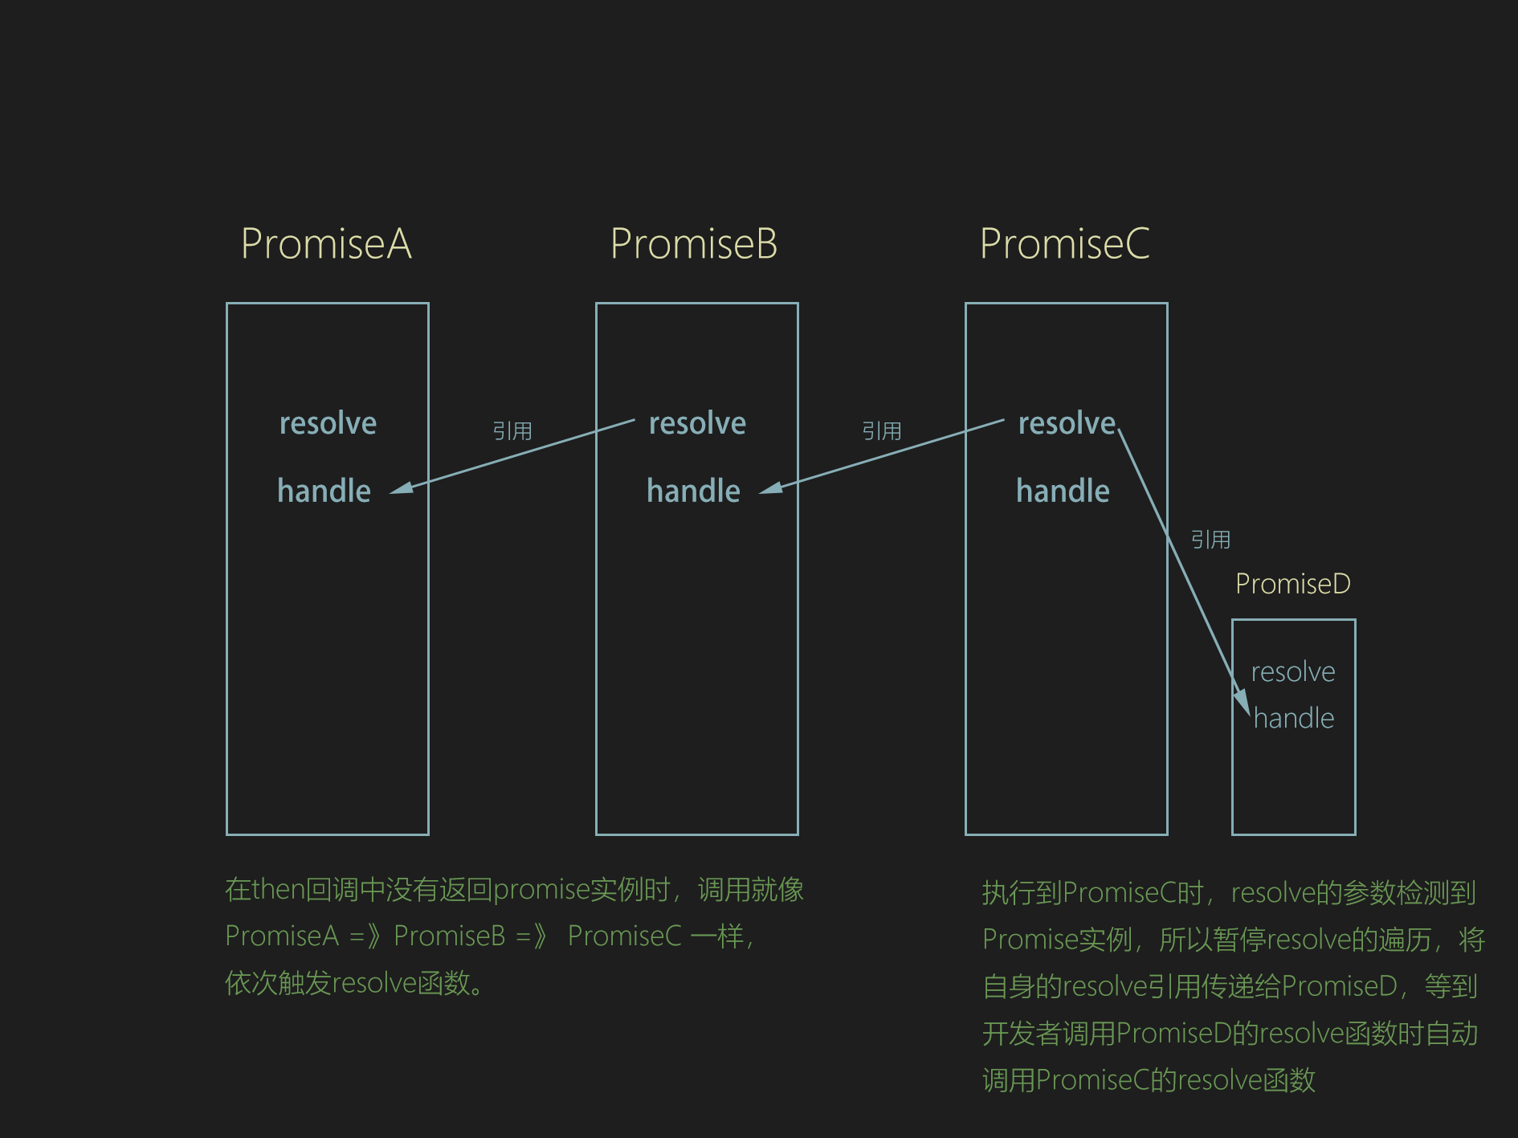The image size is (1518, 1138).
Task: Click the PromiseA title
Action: (x=326, y=243)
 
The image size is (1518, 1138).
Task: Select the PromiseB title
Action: (x=694, y=243)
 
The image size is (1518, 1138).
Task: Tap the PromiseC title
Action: (x=1065, y=243)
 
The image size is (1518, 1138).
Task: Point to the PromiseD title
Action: (x=1293, y=584)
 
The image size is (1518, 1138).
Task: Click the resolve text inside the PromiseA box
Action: (x=328, y=423)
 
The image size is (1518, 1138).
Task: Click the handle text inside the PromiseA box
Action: (x=324, y=491)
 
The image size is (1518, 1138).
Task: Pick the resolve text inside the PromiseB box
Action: (x=697, y=423)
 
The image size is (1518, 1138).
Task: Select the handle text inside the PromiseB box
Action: (x=693, y=491)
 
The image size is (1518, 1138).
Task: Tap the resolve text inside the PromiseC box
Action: (x=1067, y=423)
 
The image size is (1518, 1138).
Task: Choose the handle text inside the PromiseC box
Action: (x=1063, y=491)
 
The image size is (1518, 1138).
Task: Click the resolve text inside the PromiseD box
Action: (x=1293, y=671)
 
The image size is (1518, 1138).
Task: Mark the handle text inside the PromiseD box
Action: (x=1294, y=718)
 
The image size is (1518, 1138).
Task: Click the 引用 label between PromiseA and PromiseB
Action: (x=512, y=431)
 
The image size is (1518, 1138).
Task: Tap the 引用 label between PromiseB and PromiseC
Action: (x=882, y=431)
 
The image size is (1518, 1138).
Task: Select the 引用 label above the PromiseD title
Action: (x=1210, y=540)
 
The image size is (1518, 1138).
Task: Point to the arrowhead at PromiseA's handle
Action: (x=401, y=487)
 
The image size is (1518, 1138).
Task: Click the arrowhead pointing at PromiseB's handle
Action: (x=770, y=487)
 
